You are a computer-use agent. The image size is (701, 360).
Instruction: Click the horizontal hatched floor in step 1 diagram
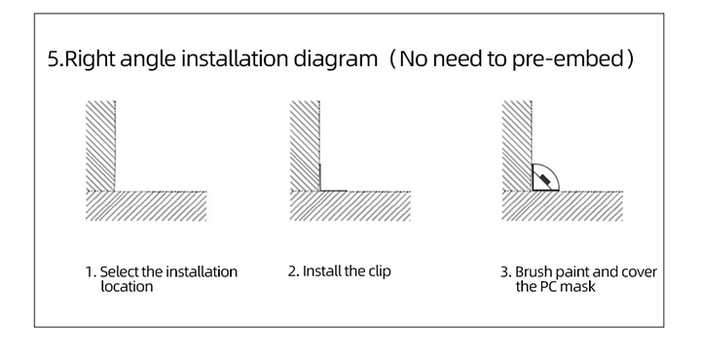coord(146,205)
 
